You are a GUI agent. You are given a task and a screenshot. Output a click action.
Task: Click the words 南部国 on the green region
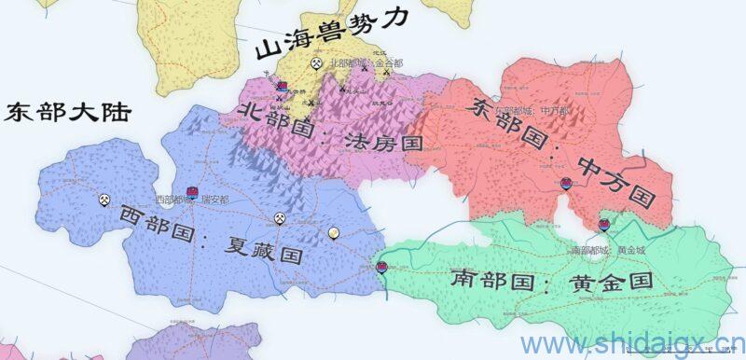pyautogui.click(x=485, y=278)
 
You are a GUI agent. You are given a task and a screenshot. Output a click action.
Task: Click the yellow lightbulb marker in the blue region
pyautogui.click(x=332, y=233)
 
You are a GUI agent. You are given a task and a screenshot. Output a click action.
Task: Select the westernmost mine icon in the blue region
pyautogui.click(x=104, y=199)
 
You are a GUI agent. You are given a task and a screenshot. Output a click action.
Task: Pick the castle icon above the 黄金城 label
pyautogui.click(x=604, y=225)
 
